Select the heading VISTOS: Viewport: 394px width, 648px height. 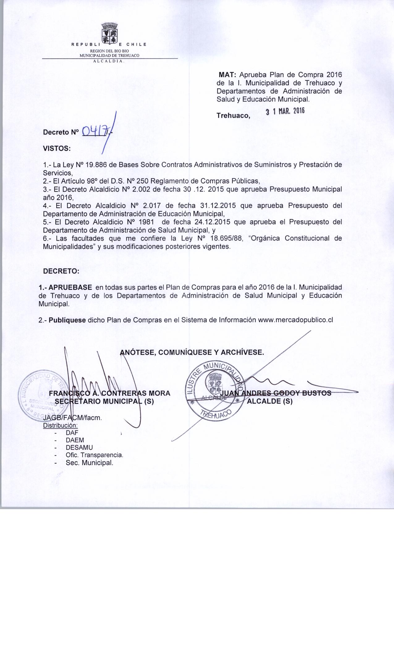point(57,148)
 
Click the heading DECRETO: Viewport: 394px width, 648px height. point(61,271)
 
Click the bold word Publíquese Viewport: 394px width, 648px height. point(67,320)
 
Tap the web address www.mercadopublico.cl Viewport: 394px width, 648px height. point(295,320)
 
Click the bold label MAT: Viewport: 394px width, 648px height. point(228,75)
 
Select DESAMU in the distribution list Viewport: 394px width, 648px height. point(79,447)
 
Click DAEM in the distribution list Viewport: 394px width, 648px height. point(75,440)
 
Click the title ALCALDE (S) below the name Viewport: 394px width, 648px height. point(269,402)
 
